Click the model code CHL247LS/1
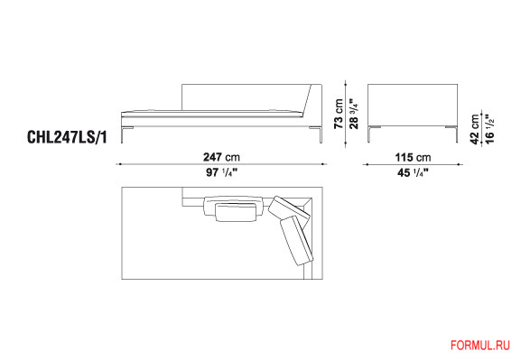click(x=67, y=137)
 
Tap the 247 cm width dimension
click(x=221, y=157)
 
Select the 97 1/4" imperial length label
click(x=221, y=172)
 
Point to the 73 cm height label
click(x=339, y=114)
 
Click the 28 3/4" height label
click(x=354, y=113)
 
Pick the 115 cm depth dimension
click(x=413, y=157)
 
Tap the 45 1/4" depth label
click(x=413, y=172)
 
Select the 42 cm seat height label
click(x=475, y=129)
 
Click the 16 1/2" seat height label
click(x=489, y=129)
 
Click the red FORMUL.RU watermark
click(x=479, y=346)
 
